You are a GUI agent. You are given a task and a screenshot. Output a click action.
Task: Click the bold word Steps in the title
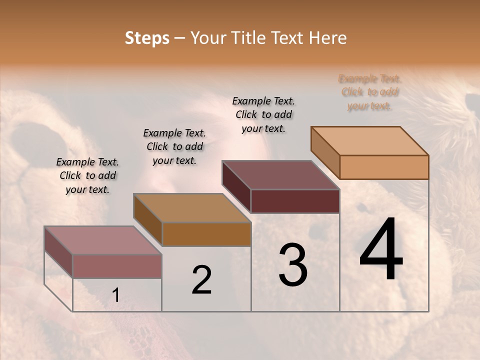[147, 38]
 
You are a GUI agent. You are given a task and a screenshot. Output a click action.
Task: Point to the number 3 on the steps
[292, 265]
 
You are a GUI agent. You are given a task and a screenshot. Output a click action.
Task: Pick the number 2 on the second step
[201, 280]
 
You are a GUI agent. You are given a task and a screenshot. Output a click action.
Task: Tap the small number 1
[115, 295]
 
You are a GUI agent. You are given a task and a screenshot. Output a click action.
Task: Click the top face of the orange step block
[369, 140]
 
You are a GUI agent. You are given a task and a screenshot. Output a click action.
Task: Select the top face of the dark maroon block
[280, 175]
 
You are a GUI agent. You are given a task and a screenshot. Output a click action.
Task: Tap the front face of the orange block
[384, 167]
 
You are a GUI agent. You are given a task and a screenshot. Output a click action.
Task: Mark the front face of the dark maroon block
[295, 201]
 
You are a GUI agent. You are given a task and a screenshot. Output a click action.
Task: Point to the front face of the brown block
[206, 234]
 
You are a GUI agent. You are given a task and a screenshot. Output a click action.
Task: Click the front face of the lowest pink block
[117, 266]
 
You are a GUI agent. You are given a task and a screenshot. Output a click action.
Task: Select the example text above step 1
[87, 175]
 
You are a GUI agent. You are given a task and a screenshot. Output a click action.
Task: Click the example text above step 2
[174, 146]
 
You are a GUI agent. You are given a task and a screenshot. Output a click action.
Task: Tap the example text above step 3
[263, 114]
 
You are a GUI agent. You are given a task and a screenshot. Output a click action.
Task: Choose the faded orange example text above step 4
[370, 92]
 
